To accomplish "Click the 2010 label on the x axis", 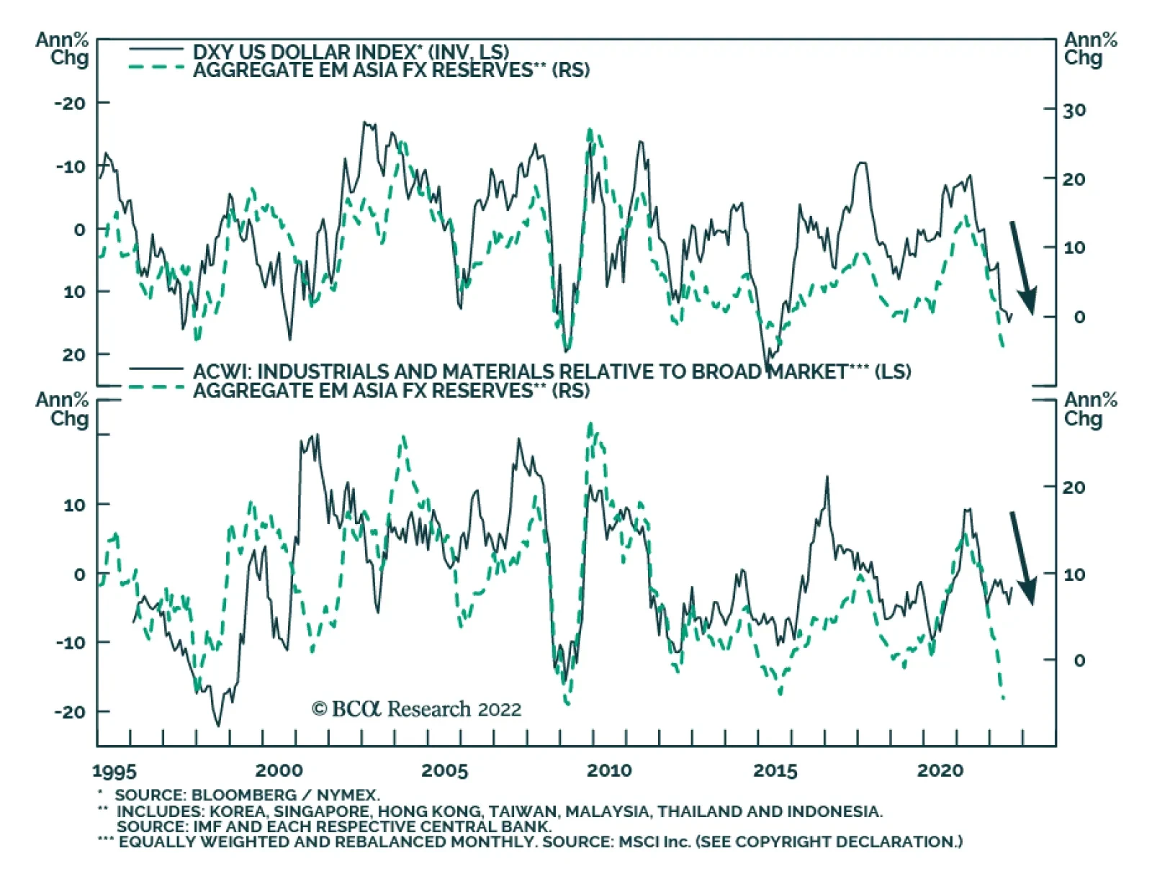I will tap(608, 770).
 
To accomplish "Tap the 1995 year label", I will tap(114, 771).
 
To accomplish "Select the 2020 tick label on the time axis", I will tap(940, 770).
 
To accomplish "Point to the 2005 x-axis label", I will tap(444, 770).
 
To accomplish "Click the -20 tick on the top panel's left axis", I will tap(69, 103).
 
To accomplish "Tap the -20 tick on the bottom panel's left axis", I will tap(69, 711).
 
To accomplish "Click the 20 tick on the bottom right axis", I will tap(1074, 487).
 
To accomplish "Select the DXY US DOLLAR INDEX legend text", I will tap(351, 52).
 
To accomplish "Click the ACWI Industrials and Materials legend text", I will tap(552, 371).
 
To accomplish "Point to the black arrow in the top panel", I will tap(1023, 267).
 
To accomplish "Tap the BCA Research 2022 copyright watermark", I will tap(416, 709).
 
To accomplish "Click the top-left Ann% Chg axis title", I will tap(63, 48).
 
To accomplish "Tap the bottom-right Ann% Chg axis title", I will tap(1090, 409).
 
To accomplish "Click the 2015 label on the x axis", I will tap(775, 770).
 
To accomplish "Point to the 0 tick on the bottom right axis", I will tap(1079, 660).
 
